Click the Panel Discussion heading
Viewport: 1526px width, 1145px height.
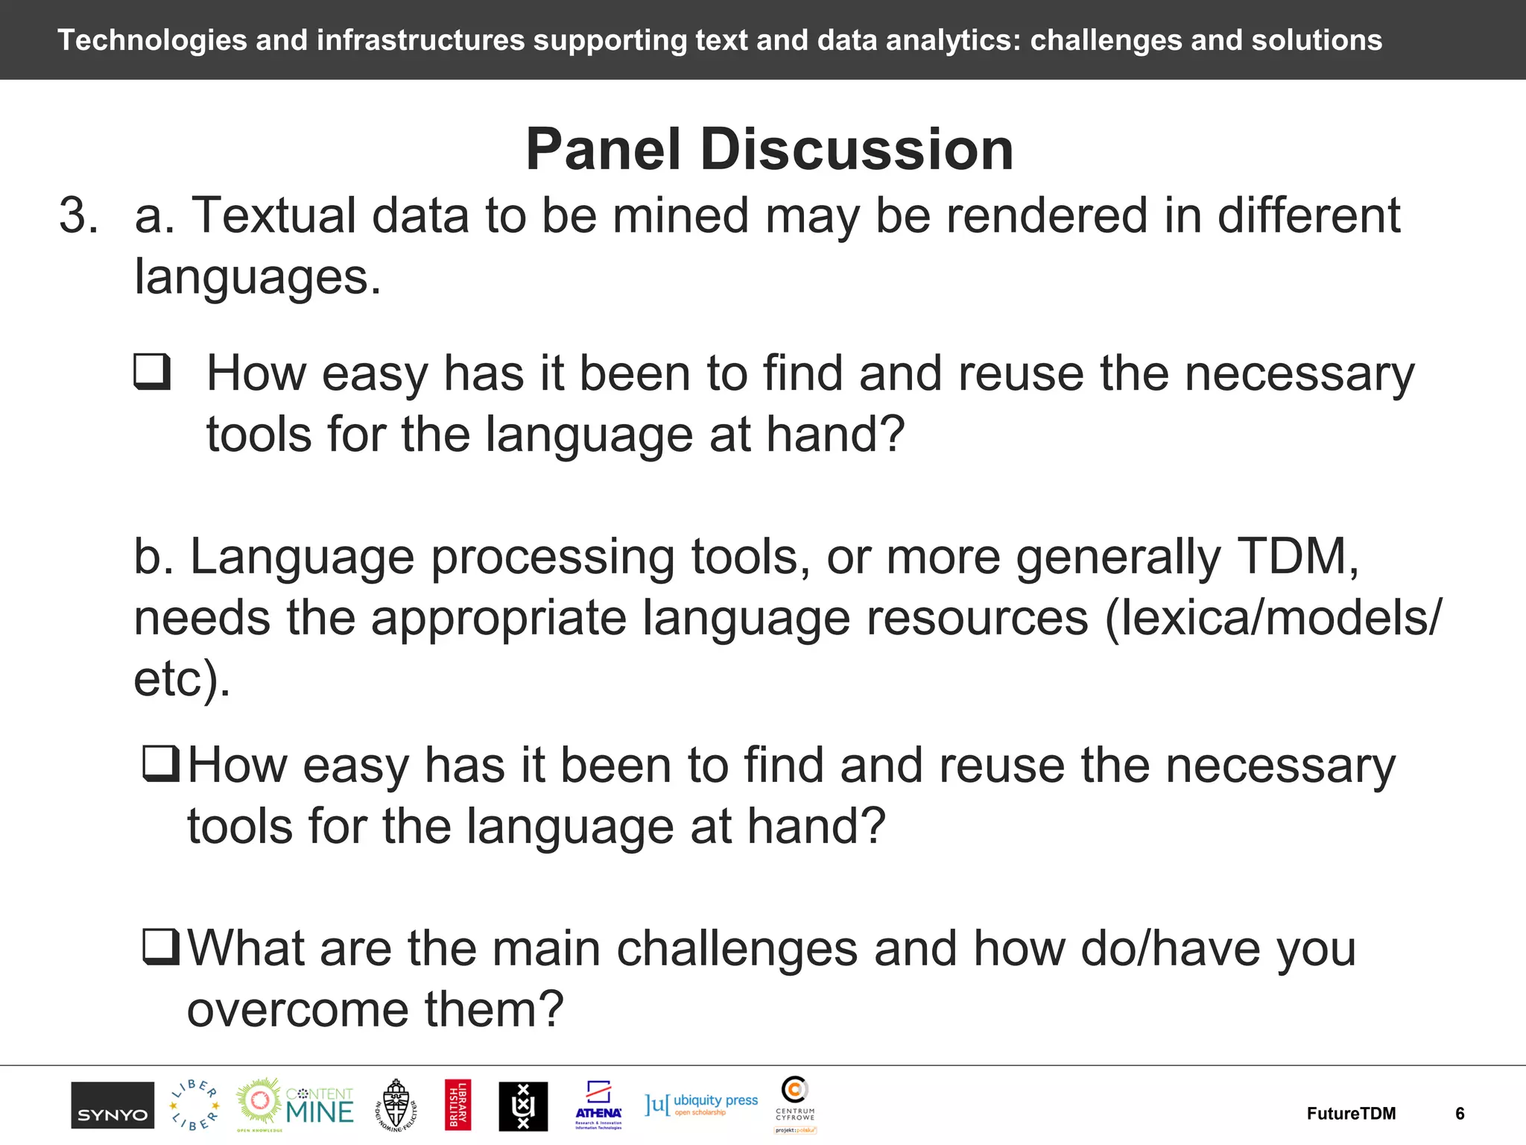[x=769, y=149]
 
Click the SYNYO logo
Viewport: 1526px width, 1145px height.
[x=113, y=1105]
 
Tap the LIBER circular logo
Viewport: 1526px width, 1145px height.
[x=194, y=1105]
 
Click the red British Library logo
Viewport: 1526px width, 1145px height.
[x=458, y=1105]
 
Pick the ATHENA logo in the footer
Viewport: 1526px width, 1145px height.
[x=598, y=1105]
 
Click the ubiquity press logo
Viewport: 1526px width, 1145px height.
[x=701, y=1104]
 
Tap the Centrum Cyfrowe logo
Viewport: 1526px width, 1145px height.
[x=795, y=1103]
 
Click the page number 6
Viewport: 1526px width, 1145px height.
[x=1460, y=1114]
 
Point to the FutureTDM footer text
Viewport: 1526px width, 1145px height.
[x=1351, y=1114]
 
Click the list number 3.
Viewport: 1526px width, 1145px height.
[x=78, y=216]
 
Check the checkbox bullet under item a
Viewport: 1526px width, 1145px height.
[x=153, y=372]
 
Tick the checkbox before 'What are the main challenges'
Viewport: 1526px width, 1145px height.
[x=161, y=947]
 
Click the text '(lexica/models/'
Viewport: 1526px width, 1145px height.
[x=1273, y=618]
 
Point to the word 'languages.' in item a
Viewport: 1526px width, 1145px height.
[x=257, y=277]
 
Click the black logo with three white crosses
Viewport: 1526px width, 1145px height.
[x=523, y=1106]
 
